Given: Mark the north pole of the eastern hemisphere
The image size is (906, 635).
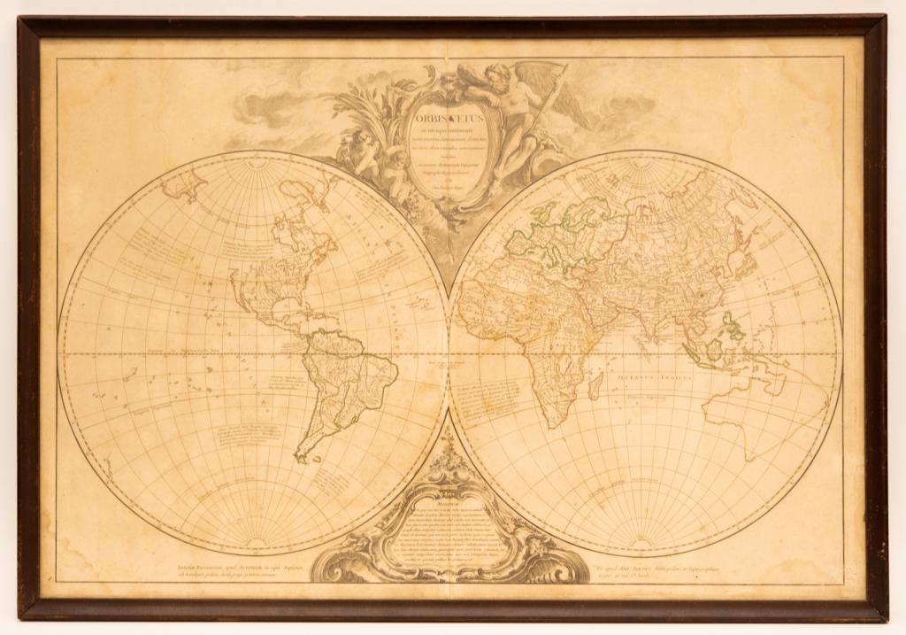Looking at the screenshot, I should (x=644, y=158).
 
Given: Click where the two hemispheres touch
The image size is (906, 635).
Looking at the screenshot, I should (x=448, y=354).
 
